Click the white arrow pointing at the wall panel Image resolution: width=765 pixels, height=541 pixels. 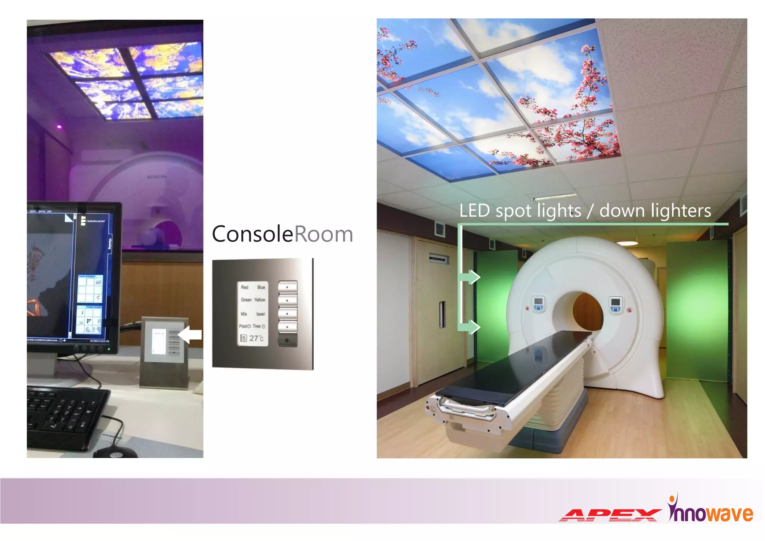191,334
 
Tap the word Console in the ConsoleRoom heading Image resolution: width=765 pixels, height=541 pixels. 253,234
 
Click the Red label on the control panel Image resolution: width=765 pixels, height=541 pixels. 245,287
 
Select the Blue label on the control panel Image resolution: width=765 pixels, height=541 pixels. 261,287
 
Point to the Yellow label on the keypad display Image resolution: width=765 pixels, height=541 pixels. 260,300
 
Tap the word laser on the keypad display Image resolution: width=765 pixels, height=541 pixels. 260,314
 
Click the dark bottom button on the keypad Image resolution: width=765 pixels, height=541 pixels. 287,340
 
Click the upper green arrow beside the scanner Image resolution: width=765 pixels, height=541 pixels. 470,277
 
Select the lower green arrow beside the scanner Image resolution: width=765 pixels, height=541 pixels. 470,327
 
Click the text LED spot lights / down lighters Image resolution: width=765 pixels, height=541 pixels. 585,211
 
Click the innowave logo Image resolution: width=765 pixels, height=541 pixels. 710,510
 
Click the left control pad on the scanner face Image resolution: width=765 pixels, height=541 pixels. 538,303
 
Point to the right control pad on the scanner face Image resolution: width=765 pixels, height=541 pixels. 616,304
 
